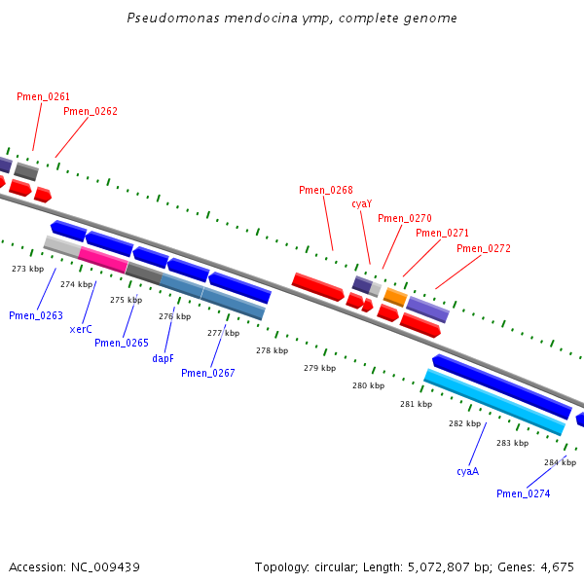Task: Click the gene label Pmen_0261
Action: click(x=43, y=96)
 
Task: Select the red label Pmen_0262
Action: click(x=91, y=111)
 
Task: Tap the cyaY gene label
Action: click(x=362, y=204)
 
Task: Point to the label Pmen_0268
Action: click(x=326, y=190)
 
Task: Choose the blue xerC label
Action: click(x=81, y=329)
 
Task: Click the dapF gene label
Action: click(x=163, y=358)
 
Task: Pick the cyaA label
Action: click(x=468, y=471)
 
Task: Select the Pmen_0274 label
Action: click(x=524, y=493)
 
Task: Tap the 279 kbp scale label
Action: click(x=319, y=368)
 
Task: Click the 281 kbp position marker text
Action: click(x=416, y=404)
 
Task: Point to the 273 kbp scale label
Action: click(x=27, y=269)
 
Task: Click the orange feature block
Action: click(x=395, y=297)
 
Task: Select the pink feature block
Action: click(x=103, y=260)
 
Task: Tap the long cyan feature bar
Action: click(x=494, y=402)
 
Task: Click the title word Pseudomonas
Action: click(x=173, y=18)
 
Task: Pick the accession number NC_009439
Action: click(x=105, y=567)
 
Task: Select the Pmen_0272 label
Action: click(x=484, y=248)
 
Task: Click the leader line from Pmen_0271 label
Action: click(x=422, y=258)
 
